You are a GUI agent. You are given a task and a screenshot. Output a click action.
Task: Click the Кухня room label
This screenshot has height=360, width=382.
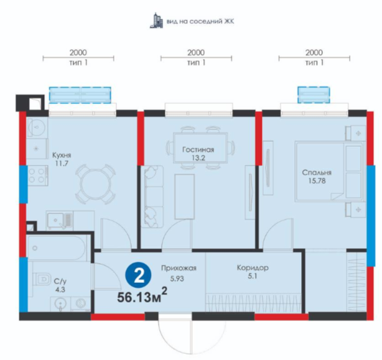(62, 155)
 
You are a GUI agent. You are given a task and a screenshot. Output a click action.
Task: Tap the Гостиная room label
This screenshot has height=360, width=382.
(198, 149)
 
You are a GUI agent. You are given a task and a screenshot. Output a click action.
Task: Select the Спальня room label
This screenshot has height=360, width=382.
(317, 173)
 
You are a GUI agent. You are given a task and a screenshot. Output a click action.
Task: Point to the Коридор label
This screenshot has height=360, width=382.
(253, 268)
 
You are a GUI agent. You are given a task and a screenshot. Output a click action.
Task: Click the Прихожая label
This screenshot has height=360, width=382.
(179, 268)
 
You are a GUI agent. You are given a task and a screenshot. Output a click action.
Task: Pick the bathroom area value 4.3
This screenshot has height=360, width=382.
(60, 290)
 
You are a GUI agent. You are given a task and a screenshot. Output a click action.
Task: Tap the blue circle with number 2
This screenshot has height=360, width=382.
(138, 275)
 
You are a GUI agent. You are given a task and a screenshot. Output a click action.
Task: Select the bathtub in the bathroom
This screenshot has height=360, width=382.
(57, 248)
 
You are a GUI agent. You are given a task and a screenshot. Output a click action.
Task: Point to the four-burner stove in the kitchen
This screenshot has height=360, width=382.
(37, 176)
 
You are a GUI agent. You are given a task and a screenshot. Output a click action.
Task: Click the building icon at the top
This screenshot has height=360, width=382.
(156, 21)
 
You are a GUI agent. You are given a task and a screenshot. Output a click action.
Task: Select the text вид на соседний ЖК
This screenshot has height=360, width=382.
(200, 21)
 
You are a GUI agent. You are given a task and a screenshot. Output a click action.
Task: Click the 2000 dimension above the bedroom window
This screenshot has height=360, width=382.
(314, 52)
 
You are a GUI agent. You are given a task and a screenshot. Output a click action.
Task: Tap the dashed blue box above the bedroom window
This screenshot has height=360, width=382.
(314, 95)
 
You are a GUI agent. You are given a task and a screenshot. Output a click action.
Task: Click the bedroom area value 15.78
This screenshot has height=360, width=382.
(317, 181)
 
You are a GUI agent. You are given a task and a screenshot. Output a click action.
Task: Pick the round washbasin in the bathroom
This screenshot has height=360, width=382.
(60, 303)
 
